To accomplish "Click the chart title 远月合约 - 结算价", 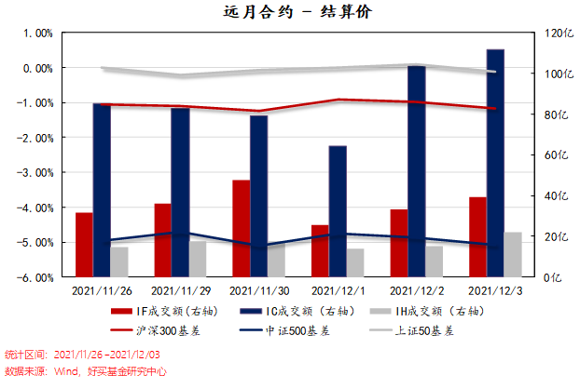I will (x=289, y=12).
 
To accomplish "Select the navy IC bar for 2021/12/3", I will (x=495, y=163).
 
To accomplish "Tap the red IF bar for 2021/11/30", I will (x=241, y=228).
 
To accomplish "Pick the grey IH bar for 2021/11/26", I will (x=119, y=262).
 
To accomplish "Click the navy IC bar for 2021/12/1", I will (x=338, y=211).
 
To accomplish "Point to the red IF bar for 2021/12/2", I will (x=399, y=243).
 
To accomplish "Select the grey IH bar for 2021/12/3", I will (x=513, y=254).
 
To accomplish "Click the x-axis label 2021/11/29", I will (x=180, y=290).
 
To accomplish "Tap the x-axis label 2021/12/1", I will (x=338, y=290).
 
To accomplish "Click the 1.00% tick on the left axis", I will (x=38, y=34).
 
